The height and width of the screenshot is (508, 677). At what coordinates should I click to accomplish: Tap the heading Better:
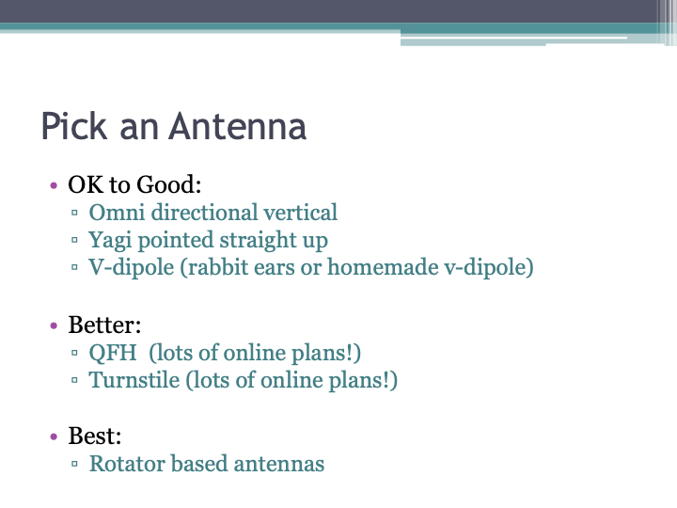click(104, 325)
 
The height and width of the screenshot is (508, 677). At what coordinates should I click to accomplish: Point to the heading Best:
click(96, 437)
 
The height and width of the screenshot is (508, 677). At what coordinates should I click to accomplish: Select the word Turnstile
click(130, 381)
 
